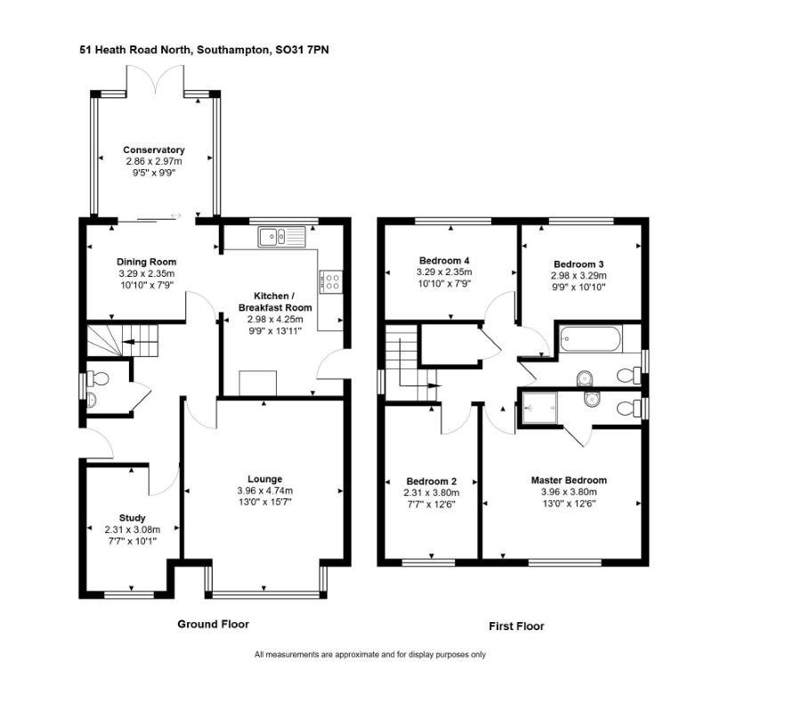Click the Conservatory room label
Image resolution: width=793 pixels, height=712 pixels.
tap(154, 150)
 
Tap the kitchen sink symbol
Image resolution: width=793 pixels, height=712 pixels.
tap(282, 237)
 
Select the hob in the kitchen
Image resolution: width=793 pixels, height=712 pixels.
tap(331, 281)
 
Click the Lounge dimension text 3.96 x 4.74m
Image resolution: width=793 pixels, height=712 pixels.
tap(265, 490)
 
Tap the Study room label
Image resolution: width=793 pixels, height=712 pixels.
tap(133, 518)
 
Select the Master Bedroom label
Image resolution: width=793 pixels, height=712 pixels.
tap(569, 480)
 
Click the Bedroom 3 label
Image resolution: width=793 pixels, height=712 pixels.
tap(579, 264)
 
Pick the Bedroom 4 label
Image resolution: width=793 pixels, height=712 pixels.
tap(444, 261)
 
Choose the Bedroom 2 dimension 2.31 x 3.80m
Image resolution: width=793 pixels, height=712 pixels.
tap(432, 492)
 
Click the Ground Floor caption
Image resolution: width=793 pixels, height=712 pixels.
tap(214, 624)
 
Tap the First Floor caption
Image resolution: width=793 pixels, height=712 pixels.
tap(516, 626)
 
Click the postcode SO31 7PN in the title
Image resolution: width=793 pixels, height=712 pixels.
tap(302, 50)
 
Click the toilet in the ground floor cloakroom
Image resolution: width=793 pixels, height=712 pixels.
tap(98, 378)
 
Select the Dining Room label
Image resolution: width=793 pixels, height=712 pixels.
tap(147, 262)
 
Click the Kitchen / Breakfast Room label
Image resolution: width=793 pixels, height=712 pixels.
tap(275, 302)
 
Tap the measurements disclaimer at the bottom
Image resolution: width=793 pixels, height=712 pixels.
tap(370, 654)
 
